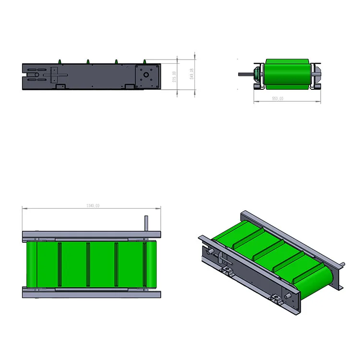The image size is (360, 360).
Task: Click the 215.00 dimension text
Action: (175, 76)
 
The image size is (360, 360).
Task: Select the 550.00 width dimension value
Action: (277, 98)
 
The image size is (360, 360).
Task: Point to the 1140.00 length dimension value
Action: (93, 206)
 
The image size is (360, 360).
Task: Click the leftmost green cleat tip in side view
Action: (60, 61)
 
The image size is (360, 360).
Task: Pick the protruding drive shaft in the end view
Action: (245, 74)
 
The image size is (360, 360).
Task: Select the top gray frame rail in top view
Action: (91, 235)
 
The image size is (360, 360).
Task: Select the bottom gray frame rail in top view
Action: (91, 293)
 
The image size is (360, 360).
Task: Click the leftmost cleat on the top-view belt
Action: (59, 264)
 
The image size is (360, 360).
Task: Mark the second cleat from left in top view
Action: (87, 264)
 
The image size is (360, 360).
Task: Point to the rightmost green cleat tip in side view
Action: (144, 61)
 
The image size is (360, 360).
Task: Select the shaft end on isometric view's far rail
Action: (342, 264)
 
